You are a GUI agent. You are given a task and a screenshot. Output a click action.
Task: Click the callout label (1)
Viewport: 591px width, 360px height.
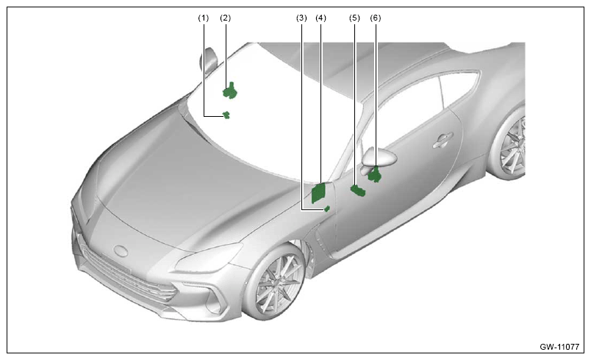204,18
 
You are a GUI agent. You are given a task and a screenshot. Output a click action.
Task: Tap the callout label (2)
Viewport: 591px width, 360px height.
226,18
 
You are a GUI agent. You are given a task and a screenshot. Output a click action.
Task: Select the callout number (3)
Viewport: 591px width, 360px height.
301,18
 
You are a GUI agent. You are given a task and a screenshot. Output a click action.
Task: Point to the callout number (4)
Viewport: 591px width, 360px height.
320,18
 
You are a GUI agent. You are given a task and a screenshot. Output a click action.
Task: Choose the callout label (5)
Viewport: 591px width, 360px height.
355,18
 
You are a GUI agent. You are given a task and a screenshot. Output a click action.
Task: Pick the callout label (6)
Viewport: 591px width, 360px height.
376,18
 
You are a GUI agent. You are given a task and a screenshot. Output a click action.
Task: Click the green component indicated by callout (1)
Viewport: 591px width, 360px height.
226,115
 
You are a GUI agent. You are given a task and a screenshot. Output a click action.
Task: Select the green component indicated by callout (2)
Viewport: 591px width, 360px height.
229,91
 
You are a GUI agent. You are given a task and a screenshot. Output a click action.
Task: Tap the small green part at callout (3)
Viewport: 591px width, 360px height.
327,209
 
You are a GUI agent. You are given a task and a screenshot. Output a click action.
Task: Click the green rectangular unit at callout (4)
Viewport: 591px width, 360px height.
318,192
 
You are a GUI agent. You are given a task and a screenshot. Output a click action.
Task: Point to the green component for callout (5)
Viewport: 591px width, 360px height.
358,190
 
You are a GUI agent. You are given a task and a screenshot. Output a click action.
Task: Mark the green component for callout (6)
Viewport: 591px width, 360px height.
375,174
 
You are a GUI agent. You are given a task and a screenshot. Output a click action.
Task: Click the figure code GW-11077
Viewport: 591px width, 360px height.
559,347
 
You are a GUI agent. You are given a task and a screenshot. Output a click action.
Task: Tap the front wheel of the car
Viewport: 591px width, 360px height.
275,282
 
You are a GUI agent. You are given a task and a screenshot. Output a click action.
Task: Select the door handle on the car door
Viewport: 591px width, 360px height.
443,140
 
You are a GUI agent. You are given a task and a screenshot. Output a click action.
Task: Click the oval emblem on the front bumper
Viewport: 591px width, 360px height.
121,251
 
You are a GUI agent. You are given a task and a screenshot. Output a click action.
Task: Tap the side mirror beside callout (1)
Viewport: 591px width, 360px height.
209,60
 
